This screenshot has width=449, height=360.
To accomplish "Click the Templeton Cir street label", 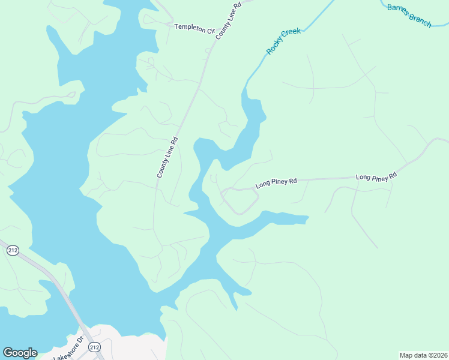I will [194, 28].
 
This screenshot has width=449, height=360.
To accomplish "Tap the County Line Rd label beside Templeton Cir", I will [228, 20].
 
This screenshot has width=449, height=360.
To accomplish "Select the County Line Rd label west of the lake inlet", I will [167, 158].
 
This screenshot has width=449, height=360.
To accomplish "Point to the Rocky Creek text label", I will [283, 41].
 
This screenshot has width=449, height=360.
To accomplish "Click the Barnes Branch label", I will [409, 16].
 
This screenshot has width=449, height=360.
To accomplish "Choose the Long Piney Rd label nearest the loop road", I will [276, 182].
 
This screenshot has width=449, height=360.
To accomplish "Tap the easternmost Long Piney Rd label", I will [376, 176].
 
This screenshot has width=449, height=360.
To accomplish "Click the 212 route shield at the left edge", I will [13, 250].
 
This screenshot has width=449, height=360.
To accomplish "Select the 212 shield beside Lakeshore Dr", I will [94, 347].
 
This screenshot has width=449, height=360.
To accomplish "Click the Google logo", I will [20, 353].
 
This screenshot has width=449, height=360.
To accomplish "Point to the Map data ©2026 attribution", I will [423, 355].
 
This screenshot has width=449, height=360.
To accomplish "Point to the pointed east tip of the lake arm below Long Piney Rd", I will [308, 217].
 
